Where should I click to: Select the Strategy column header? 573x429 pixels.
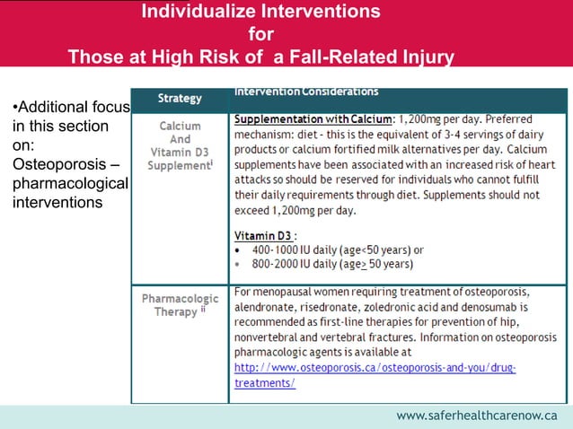click(x=180, y=97)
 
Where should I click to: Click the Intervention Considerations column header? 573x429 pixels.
click(x=306, y=92)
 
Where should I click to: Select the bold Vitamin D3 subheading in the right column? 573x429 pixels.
click(x=260, y=234)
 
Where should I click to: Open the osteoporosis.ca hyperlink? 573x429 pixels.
click(x=375, y=368)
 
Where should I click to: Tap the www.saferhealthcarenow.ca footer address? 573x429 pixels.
click(x=477, y=416)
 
